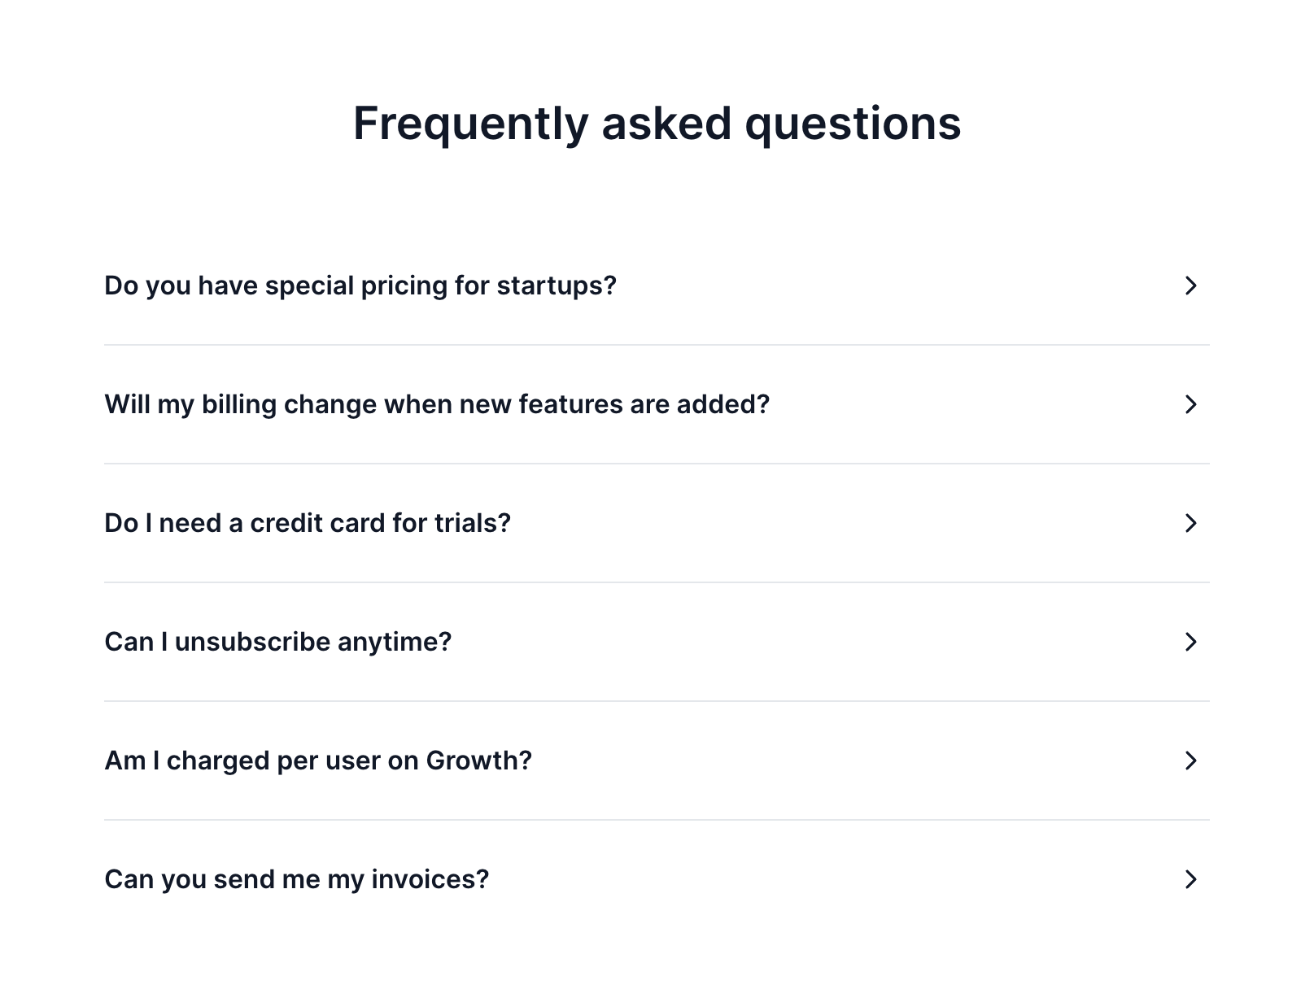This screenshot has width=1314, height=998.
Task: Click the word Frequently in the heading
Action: click(x=470, y=124)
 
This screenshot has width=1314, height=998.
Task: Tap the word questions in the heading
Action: click(x=853, y=124)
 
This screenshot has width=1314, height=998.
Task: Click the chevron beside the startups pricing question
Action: click(x=1190, y=285)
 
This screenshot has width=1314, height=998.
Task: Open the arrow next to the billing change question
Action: click(x=1190, y=404)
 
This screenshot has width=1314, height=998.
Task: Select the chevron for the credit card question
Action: click(x=1190, y=523)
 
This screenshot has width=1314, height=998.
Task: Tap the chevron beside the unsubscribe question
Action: click(x=1190, y=642)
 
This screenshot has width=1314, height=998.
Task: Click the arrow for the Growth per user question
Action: click(x=1190, y=760)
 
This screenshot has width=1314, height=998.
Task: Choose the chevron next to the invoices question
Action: click(x=1190, y=879)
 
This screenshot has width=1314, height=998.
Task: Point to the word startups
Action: click(x=557, y=286)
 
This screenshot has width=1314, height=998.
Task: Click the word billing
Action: click(x=239, y=405)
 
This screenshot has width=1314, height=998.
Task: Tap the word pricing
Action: click(x=404, y=286)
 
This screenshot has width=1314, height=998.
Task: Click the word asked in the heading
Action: click(x=666, y=124)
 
